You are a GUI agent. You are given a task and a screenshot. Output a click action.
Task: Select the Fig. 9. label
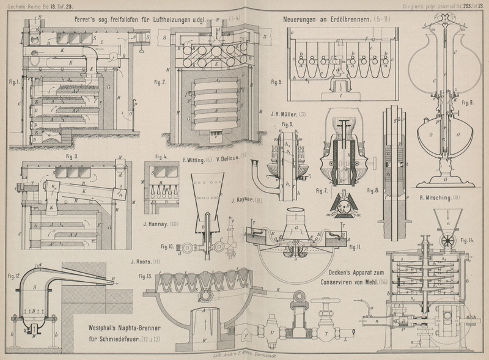(468, 101)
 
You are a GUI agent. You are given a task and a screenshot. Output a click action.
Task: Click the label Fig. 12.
(13, 276)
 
